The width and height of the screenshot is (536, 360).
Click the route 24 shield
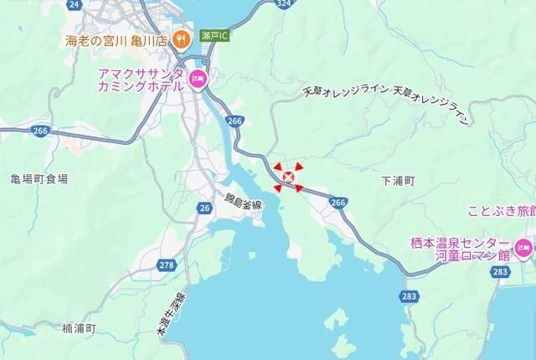pos(75,5)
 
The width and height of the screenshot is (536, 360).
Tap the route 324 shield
pos(284,4)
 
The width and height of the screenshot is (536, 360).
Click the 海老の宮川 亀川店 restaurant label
pos(118,39)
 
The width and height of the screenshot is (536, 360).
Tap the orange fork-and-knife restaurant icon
pos(180,39)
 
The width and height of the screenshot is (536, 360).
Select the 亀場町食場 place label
pos(39,179)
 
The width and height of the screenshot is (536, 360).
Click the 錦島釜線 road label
pos(243,202)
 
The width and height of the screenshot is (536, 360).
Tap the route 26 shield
pos(205,207)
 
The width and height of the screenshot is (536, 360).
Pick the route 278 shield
pos(167,265)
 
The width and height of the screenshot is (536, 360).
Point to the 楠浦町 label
pos(80,328)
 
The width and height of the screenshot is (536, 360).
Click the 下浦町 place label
pos(398,180)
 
